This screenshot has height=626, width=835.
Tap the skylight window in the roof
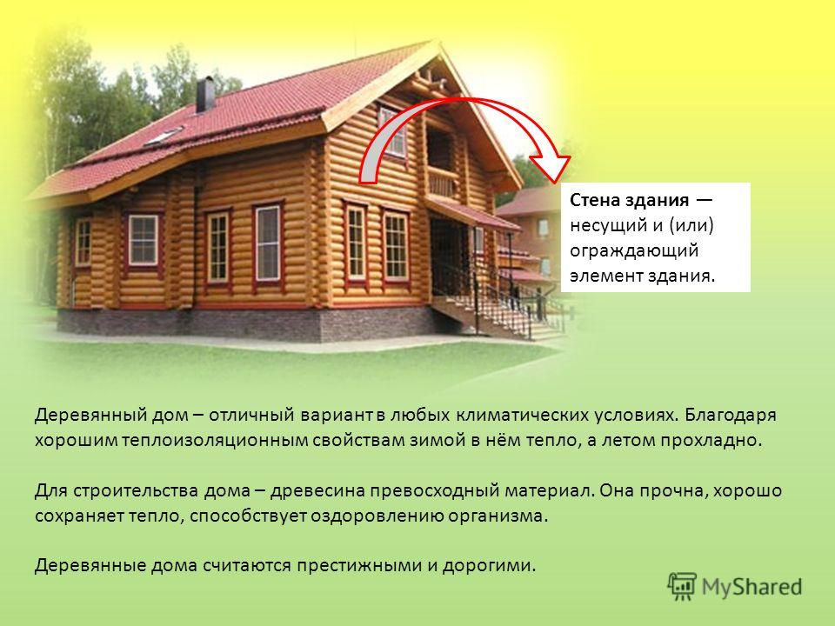(x=164, y=137)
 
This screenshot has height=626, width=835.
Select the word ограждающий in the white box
(x=634, y=250)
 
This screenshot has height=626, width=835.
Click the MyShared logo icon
(x=682, y=587)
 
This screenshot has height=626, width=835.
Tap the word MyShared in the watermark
(x=751, y=587)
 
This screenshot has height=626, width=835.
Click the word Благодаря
(x=730, y=416)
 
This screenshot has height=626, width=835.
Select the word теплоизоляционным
(x=212, y=441)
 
